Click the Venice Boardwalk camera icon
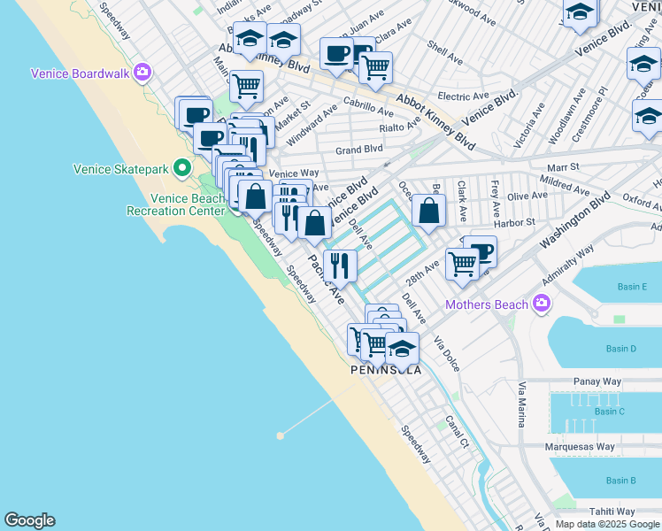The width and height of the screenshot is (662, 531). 142,73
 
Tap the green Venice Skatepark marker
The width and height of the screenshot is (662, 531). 182,167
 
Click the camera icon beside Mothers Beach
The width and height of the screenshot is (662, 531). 542,304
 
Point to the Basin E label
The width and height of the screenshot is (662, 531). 633,287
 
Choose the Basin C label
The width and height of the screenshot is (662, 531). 610,412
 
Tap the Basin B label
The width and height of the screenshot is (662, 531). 620,481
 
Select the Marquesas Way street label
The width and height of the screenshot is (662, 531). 580,447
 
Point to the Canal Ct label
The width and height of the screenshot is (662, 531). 457,431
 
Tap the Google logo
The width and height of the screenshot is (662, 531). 29,520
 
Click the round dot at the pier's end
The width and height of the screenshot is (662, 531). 281,435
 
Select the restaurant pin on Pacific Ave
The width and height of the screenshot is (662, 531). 340,265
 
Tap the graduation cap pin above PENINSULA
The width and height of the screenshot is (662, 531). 402,348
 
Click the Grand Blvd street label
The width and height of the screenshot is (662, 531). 358,150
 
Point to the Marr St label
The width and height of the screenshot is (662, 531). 562,166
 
